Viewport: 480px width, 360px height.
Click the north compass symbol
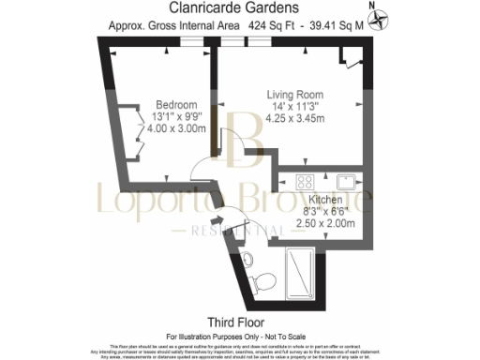pyautogui.click(x=379, y=16)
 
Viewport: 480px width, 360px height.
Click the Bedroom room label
pyautogui.click(x=176, y=104)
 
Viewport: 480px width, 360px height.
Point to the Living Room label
pyautogui.click(x=296, y=95)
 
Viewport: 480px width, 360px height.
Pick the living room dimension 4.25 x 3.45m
pyautogui.click(x=296, y=119)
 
